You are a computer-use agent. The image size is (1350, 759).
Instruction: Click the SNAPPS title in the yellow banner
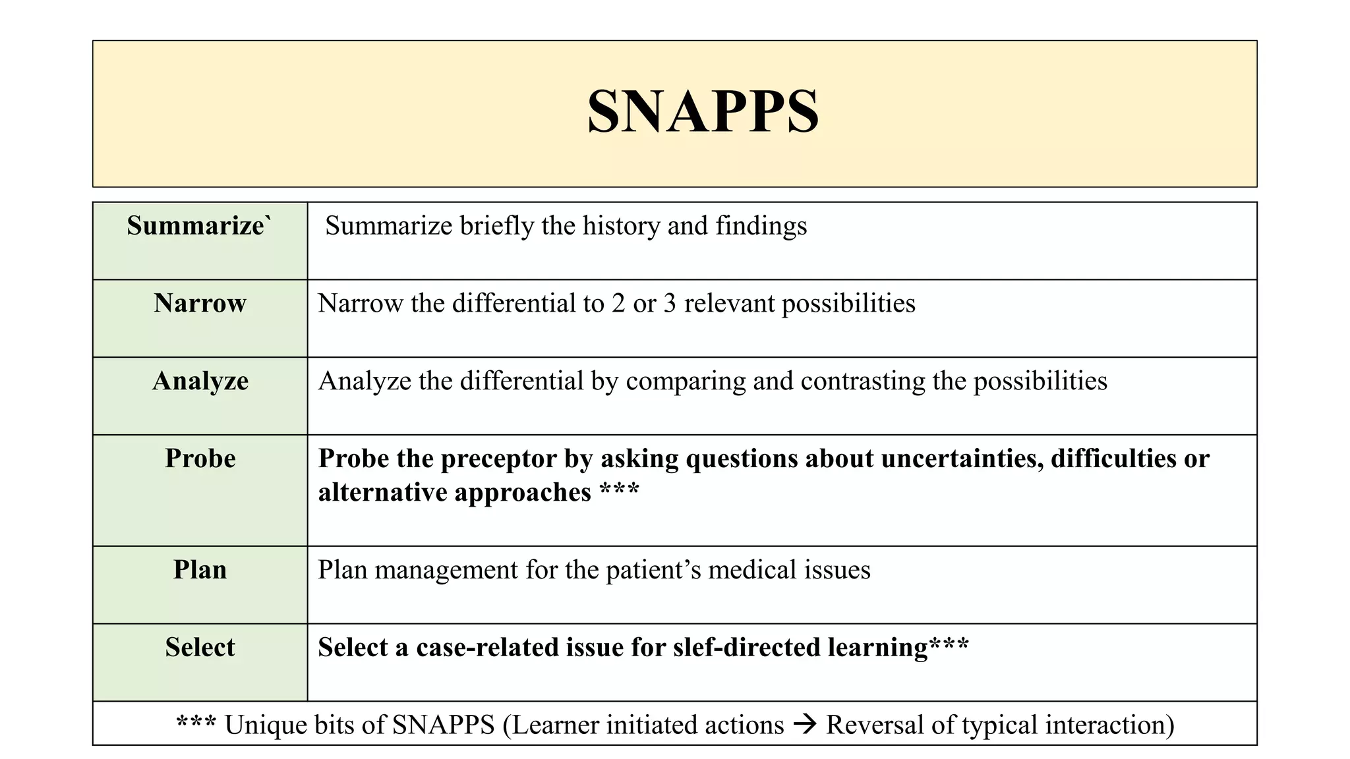click(703, 111)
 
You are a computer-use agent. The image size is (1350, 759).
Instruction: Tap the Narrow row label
click(200, 304)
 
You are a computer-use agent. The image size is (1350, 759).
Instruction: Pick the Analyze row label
click(200, 381)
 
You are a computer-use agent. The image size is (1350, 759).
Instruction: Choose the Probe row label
click(200, 459)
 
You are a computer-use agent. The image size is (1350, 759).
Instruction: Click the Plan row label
click(200, 570)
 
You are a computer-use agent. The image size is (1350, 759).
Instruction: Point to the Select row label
click(200, 648)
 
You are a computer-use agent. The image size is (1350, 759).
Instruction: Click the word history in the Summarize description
click(622, 226)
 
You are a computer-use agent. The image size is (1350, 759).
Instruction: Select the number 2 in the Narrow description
click(618, 304)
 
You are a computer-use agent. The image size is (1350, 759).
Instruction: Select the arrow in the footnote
click(805, 725)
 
